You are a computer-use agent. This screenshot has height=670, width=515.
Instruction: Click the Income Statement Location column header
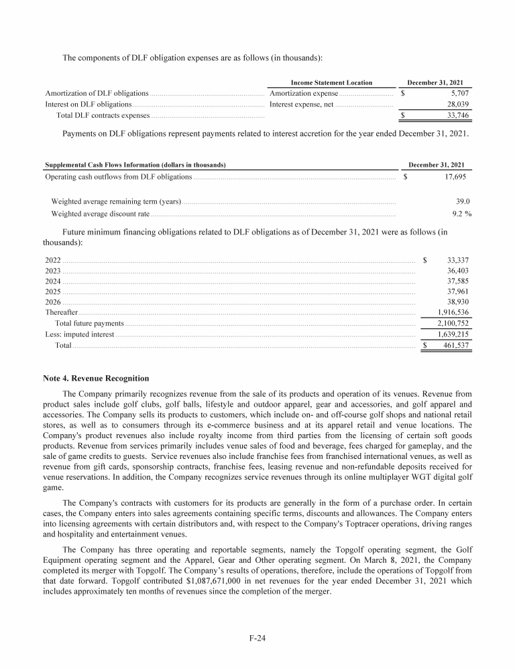[x=331, y=82]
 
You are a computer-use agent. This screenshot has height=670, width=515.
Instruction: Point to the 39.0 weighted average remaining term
[x=462, y=201]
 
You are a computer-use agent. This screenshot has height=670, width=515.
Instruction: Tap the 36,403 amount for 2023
[x=456, y=271]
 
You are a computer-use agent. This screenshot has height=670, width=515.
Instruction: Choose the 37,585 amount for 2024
[x=456, y=281]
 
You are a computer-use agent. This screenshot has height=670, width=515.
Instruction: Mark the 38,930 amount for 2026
[x=456, y=302]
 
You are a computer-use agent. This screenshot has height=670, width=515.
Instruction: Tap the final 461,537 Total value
[x=455, y=345]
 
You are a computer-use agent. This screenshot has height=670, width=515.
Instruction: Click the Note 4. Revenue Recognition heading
[x=97, y=379]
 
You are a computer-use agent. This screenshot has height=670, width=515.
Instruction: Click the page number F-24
[x=257, y=639]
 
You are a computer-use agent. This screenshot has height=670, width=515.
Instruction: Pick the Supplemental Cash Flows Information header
[x=135, y=165]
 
